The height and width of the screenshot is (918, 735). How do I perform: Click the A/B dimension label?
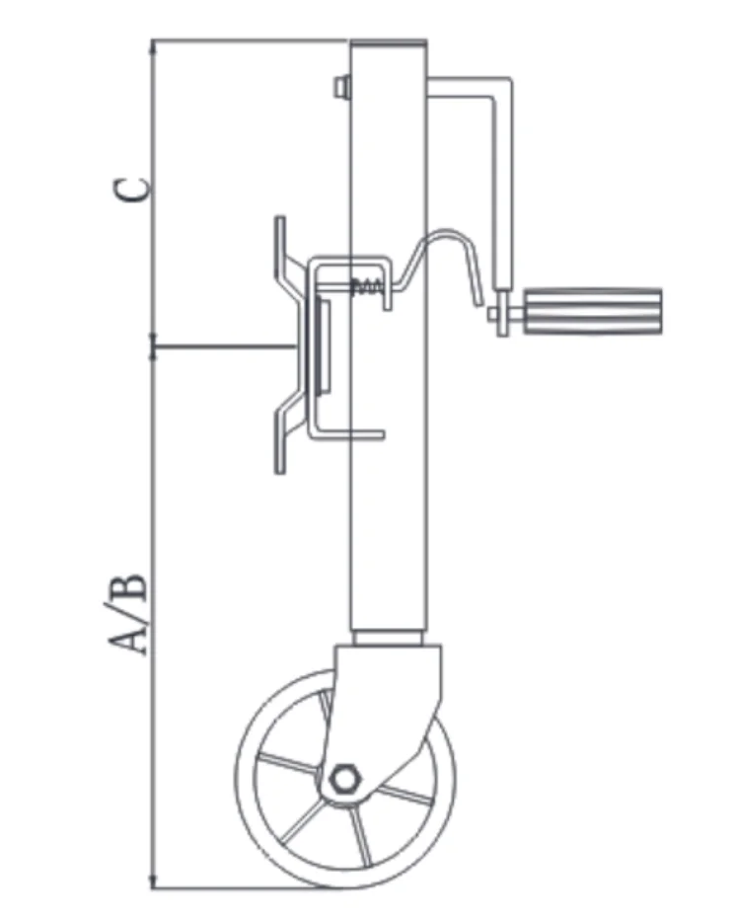pos(131,612)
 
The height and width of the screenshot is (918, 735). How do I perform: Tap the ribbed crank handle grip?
pos(593,312)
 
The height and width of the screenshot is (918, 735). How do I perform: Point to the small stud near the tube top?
pos(341,87)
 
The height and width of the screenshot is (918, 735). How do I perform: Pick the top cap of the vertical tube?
pos(390,43)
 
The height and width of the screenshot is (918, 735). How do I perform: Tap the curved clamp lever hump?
pos(449,237)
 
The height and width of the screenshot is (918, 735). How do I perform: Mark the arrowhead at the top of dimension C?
pos(152,45)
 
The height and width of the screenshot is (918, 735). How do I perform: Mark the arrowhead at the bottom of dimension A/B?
pos(152,881)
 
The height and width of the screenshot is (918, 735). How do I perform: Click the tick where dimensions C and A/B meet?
pos(152,346)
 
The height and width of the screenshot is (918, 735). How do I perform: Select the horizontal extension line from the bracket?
pos(222,346)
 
